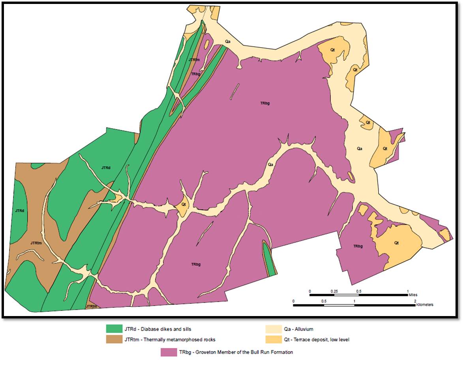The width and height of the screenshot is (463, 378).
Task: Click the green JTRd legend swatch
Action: click(114, 329)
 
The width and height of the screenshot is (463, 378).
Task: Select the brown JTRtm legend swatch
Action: click(114, 339)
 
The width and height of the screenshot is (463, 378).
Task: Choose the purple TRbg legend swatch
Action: click(169, 352)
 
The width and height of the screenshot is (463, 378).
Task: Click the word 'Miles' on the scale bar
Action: click(413, 295)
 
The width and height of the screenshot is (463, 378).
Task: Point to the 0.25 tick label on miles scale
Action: click(334, 291)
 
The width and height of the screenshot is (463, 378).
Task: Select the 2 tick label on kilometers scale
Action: click(415, 301)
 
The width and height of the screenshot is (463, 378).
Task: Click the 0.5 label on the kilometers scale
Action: click(324, 301)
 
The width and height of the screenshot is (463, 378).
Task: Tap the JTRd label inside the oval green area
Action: click(20, 211)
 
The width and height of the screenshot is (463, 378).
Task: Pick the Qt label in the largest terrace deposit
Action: click(397, 243)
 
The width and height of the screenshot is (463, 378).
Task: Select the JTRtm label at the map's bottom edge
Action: click(91, 306)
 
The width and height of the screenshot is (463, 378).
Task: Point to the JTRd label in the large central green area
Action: click(106, 168)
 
